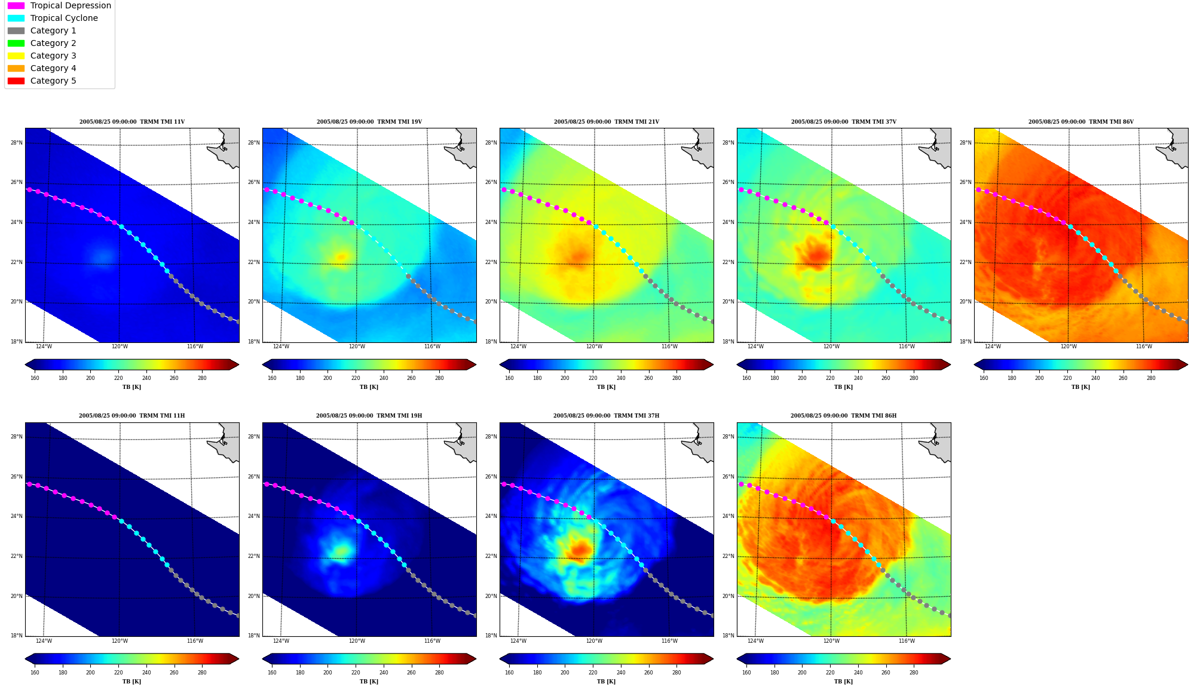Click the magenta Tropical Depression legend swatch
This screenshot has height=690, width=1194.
pyautogui.click(x=16, y=5)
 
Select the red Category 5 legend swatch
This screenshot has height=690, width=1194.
pyautogui.click(x=16, y=81)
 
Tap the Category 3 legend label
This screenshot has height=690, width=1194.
pyautogui.click(x=53, y=56)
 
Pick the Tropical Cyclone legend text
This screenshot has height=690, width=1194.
pyautogui.click(x=64, y=18)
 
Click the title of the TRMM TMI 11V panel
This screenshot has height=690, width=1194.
pyautogui.click(x=132, y=122)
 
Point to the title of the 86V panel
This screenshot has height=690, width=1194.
pyautogui.click(x=1081, y=122)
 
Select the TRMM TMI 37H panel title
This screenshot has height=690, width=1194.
pyautogui.click(x=607, y=416)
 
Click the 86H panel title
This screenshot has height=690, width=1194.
pyautogui.click(x=844, y=416)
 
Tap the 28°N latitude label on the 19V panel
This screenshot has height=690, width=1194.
pyautogui.click(x=254, y=143)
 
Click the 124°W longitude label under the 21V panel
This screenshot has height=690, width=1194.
pyautogui.click(x=518, y=346)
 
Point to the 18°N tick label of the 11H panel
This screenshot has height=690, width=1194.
pyautogui.click(x=17, y=636)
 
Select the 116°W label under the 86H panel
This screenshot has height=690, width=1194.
pyautogui.click(x=907, y=641)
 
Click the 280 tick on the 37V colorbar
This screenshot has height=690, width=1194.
pyautogui.click(x=914, y=378)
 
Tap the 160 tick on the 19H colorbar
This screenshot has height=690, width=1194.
pyautogui.click(x=272, y=672)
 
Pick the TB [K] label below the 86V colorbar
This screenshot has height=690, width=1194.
pyautogui.click(x=1081, y=387)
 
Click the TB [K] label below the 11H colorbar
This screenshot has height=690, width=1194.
pyautogui.click(x=132, y=682)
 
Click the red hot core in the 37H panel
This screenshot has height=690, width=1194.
pyautogui.click(x=580, y=549)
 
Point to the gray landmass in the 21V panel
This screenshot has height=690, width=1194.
pyautogui.click(x=699, y=147)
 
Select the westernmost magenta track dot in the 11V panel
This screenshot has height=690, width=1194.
pyautogui.click(x=29, y=189)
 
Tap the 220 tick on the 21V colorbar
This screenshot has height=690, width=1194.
pyautogui.click(x=593, y=378)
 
